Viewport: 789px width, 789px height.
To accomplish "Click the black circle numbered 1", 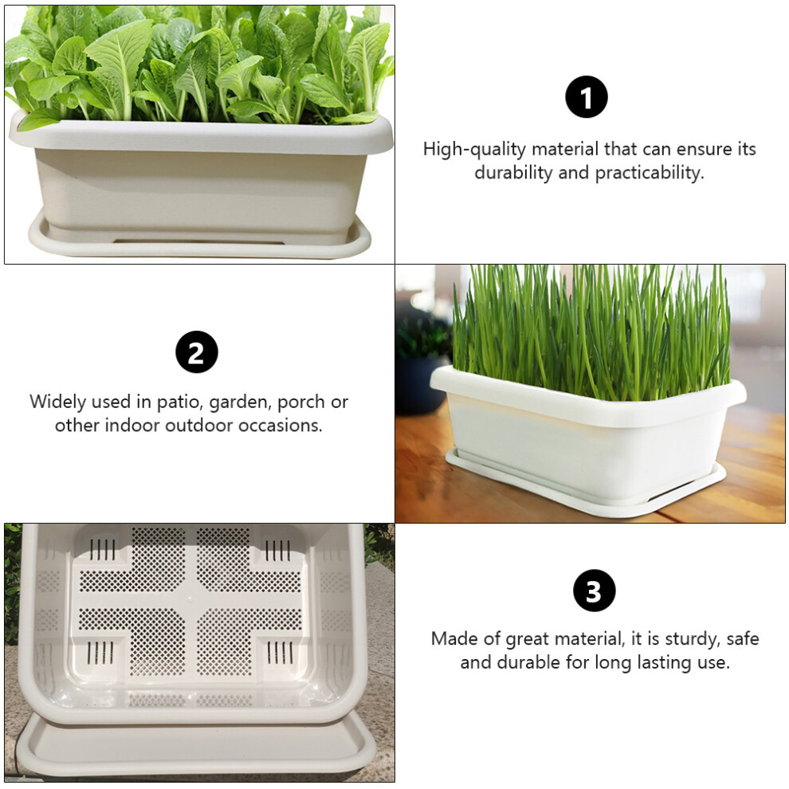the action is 587,96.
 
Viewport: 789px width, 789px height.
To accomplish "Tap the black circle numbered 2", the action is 197,351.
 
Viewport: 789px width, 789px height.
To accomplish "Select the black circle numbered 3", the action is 595,591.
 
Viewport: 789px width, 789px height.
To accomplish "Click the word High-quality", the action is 474,150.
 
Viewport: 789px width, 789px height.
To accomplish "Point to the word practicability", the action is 650,173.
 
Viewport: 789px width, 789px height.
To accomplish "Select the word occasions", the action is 281,426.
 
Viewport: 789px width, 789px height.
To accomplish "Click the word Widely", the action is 58,402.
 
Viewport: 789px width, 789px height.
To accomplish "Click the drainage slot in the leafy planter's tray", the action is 198,241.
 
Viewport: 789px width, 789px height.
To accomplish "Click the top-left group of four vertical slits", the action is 102,549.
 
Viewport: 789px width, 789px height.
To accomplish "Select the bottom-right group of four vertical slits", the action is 280,652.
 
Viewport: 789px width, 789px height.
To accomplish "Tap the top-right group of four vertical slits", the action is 277,550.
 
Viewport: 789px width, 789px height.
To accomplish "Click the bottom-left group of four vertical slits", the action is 100,652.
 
